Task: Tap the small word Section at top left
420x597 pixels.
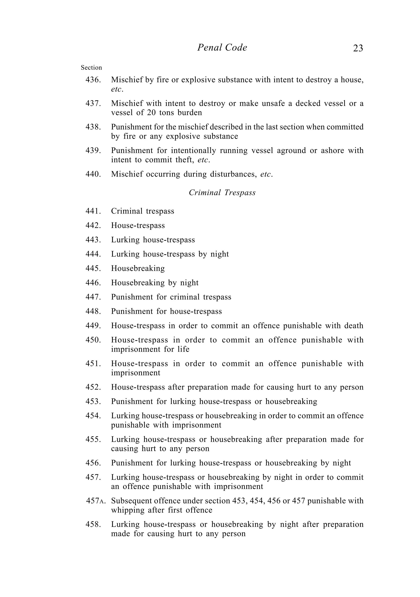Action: click(x=91, y=68)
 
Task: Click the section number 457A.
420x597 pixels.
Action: click(x=95, y=501)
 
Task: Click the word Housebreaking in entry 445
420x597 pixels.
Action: click(x=138, y=268)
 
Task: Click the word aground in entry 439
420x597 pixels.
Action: click(x=291, y=151)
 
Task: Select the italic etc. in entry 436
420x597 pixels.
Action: click(x=117, y=89)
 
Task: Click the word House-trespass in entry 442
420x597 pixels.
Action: click(x=138, y=225)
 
